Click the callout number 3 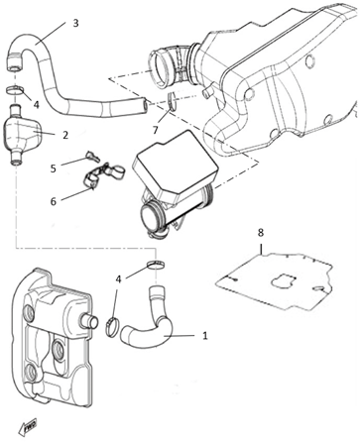click(75, 23)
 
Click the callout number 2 click(65, 135)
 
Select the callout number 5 click(54, 168)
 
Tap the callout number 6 click(54, 201)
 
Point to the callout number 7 click(156, 130)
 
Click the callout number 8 click(261, 233)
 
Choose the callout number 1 click(205, 336)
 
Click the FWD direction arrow click(28, 428)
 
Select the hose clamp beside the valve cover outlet click(112, 326)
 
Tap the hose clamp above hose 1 click(156, 265)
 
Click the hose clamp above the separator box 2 click(15, 89)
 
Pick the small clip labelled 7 click(172, 101)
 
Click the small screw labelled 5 click(92, 157)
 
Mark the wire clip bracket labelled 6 click(103, 175)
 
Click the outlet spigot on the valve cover click(89, 321)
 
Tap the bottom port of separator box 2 click(16, 157)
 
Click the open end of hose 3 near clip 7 click(146, 104)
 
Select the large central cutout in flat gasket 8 click(282, 280)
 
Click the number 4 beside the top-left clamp click(36, 105)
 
